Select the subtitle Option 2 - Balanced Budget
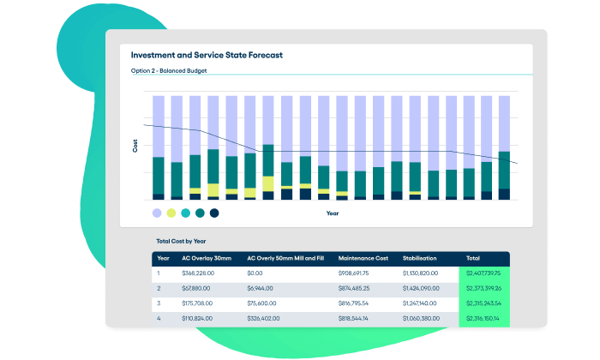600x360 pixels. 169,71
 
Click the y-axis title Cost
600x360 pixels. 135,146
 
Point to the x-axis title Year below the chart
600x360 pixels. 333,213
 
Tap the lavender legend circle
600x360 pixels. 157,213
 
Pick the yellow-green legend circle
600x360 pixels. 171,213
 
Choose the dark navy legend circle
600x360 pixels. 214,213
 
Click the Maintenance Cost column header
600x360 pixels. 363,258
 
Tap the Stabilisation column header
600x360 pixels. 420,258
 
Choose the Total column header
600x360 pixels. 473,258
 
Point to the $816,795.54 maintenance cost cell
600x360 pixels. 359,303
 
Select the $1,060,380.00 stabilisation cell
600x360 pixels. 426,319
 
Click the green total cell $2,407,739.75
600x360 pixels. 483,273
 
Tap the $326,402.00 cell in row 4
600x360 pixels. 266,319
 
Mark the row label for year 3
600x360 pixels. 159,303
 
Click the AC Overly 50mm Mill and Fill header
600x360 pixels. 286,258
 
